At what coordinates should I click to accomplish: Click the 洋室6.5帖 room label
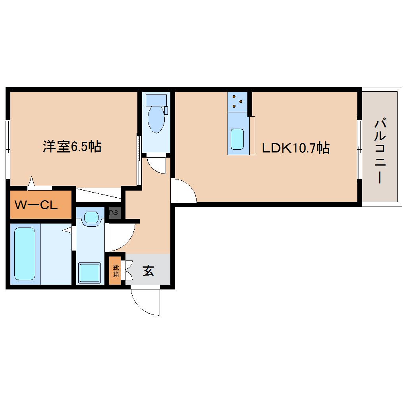pos(72,147)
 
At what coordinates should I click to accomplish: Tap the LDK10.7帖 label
pos(295,148)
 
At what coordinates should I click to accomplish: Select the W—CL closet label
pos(36,205)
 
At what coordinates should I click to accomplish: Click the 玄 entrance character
pos(148,271)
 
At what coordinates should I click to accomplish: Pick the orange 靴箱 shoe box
pos(115,271)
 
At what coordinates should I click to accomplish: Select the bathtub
pos(25,253)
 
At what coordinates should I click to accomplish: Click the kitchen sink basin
pos(237,139)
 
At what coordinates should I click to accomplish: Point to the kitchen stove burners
pos(237,101)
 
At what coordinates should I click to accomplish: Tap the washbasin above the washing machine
pos(91,217)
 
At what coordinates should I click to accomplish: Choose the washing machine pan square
pos(89,272)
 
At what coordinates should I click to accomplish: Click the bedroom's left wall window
pos(8,149)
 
